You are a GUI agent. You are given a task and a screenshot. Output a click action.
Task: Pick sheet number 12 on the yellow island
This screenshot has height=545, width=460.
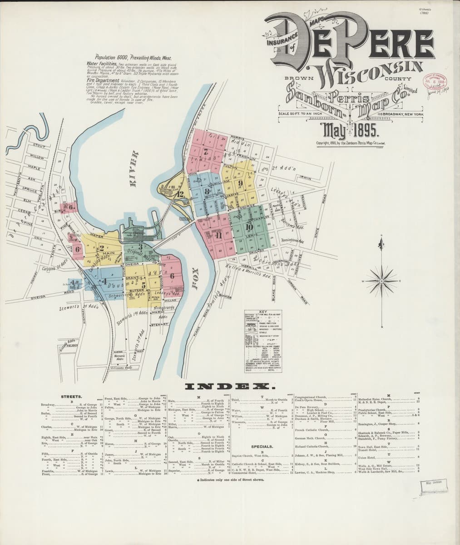[x=181, y=194]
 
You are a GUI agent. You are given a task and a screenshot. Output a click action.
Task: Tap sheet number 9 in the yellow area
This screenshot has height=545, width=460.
[x=241, y=183]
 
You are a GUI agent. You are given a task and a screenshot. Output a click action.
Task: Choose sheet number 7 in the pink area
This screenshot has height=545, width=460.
[x=205, y=153]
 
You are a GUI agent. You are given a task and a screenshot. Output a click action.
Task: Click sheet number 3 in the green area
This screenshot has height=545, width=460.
[x=141, y=246]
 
